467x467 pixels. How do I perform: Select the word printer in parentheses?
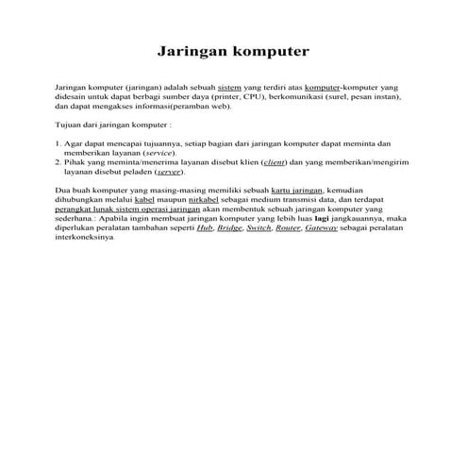pyautogui.click(x=217, y=95)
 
